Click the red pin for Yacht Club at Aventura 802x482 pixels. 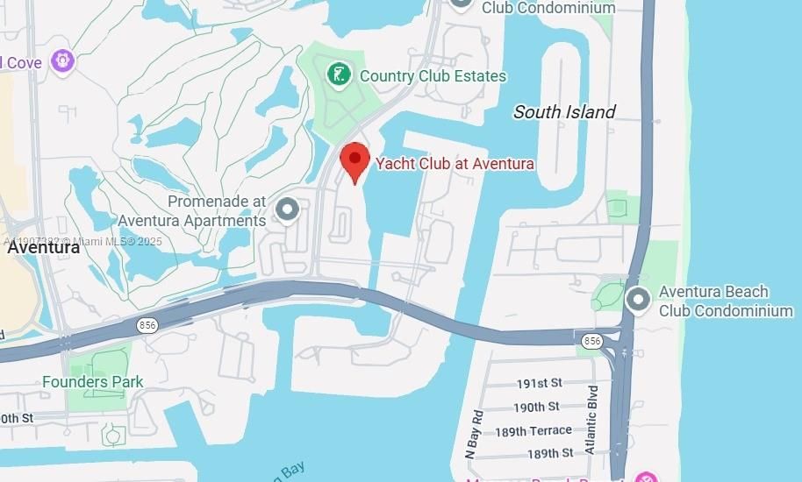354,160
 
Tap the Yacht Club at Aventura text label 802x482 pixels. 455,163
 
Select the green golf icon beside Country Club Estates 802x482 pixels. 339,75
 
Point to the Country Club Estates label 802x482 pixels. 433,76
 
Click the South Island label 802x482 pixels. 564,111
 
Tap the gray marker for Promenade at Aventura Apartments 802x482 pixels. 287,210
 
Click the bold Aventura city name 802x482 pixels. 44,247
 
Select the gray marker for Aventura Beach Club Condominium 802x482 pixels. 638,301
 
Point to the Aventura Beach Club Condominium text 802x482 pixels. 726,301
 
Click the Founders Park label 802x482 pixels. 93,382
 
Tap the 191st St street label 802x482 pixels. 539,384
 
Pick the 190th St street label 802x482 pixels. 536,407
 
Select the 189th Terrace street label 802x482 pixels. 533,430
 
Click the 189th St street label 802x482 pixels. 550,453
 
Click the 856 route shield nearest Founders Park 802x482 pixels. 147,325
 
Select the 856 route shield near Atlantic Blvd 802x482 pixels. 592,340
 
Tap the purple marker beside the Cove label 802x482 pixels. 62,61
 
